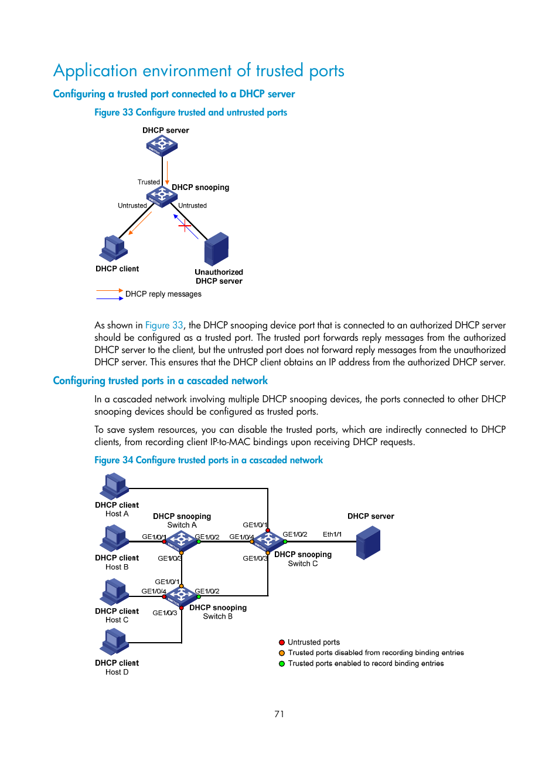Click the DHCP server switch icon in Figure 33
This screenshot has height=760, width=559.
pos(162,145)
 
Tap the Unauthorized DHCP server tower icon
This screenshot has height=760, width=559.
pos(216,249)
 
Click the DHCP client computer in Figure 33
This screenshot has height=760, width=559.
pos(114,249)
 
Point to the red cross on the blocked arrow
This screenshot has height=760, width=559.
pos(185,225)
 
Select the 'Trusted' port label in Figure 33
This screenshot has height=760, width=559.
pos(148,182)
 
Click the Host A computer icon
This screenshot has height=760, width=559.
pos(115,486)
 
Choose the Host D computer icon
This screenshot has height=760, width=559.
pos(115,642)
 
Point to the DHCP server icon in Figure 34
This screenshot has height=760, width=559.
pos(368,542)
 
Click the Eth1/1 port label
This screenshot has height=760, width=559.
pos(332,534)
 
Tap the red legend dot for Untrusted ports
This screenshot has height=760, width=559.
pos(282,642)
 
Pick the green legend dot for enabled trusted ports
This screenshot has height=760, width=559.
pos(282,664)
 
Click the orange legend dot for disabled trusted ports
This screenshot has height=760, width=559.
pos(282,653)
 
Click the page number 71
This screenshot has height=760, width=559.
pos(279,714)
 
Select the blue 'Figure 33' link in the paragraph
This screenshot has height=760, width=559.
pos(164,325)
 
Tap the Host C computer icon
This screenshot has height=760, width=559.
pos(115,592)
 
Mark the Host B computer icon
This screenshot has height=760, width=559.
pos(115,538)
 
